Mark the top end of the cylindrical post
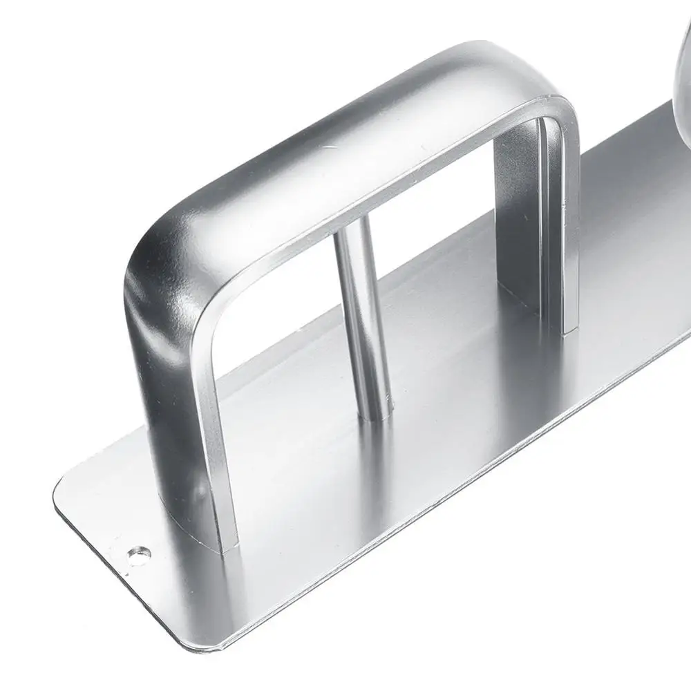349,231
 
